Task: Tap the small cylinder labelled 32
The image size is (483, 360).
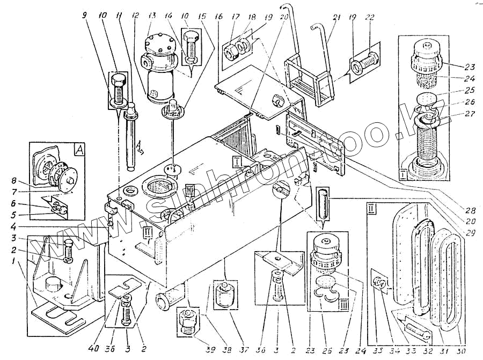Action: click(416, 327)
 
